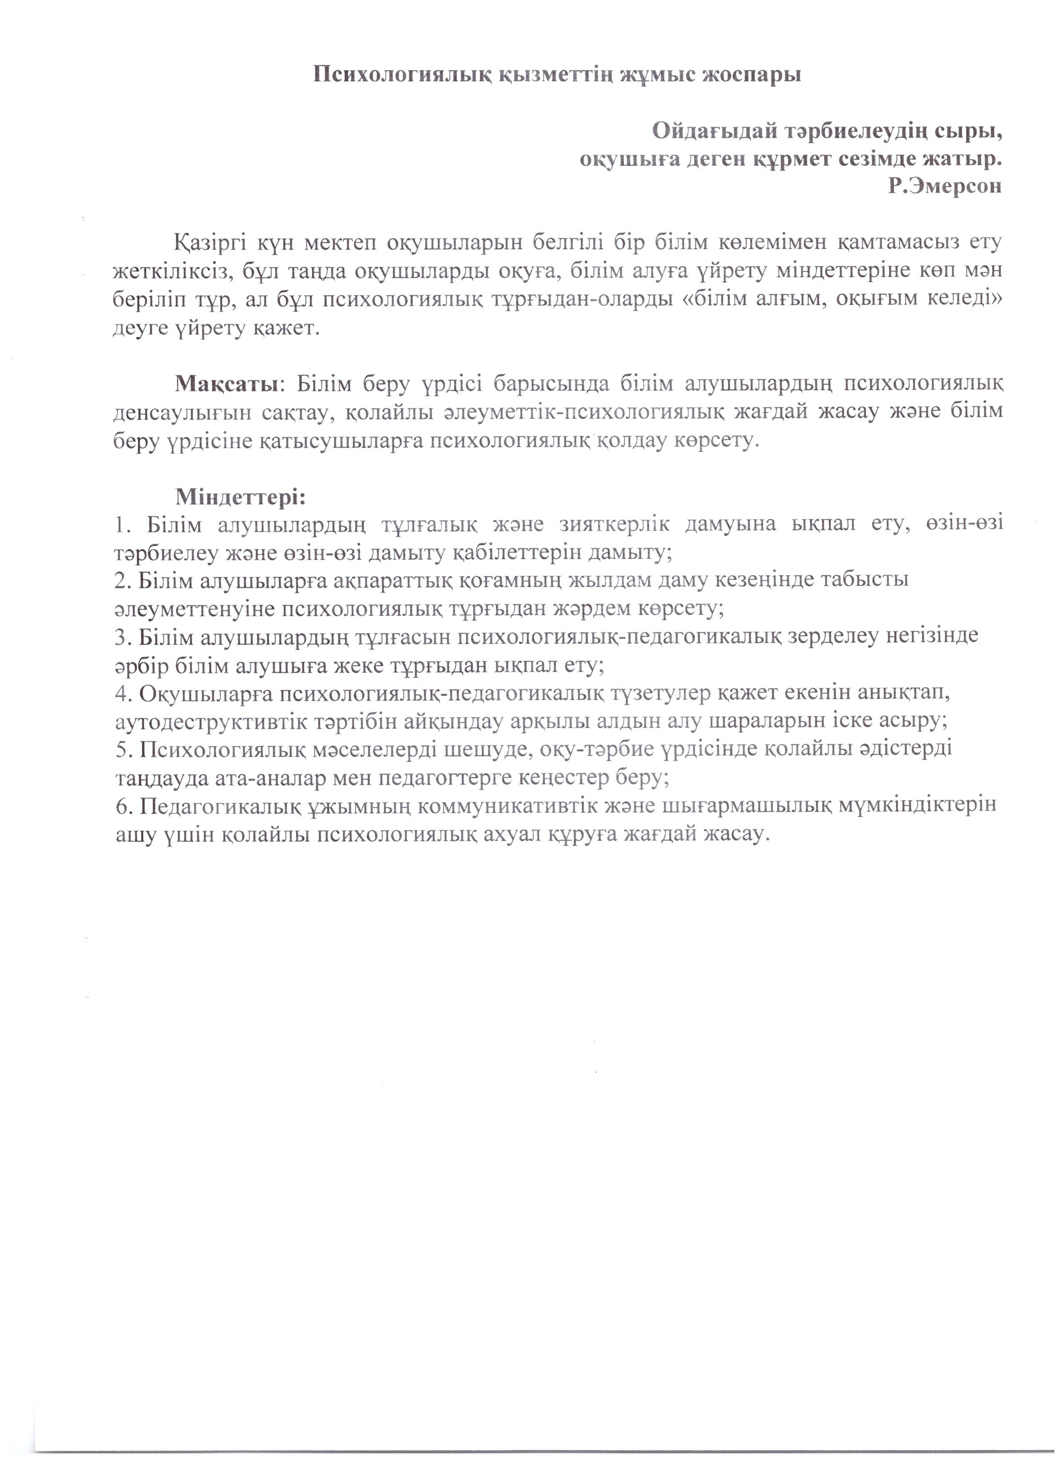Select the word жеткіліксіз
click(x=172, y=272)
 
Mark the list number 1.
click(x=121, y=524)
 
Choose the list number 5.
click(x=121, y=749)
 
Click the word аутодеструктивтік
click(x=209, y=721)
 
